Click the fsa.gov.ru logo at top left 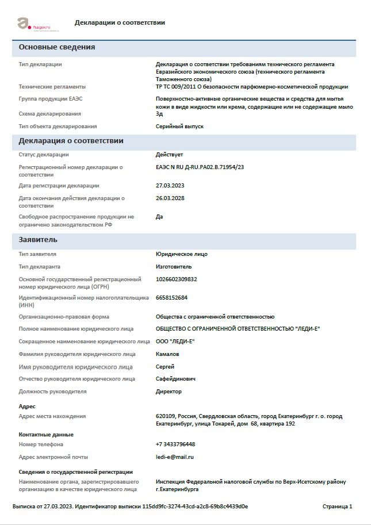(x=34, y=24)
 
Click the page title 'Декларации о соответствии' (x=120, y=22)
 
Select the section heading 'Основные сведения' (x=57, y=47)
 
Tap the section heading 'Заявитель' (x=38, y=240)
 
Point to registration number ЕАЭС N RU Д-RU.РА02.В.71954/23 (x=200, y=167)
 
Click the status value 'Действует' (x=169, y=155)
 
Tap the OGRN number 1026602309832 (x=176, y=279)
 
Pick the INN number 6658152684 (x=171, y=298)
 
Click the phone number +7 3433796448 (x=175, y=444)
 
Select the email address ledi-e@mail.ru (x=175, y=457)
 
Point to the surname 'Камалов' (x=167, y=354)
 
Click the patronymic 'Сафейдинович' (x=175, y=379)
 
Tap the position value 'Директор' (x=169, y=392)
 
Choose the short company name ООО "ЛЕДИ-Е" (x=175, y=342)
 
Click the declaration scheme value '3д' (x=159, y=114)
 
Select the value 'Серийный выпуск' (x=179, y=127)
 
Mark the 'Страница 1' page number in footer (x=338, y=507)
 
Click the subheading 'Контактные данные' (x=46, y=435)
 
